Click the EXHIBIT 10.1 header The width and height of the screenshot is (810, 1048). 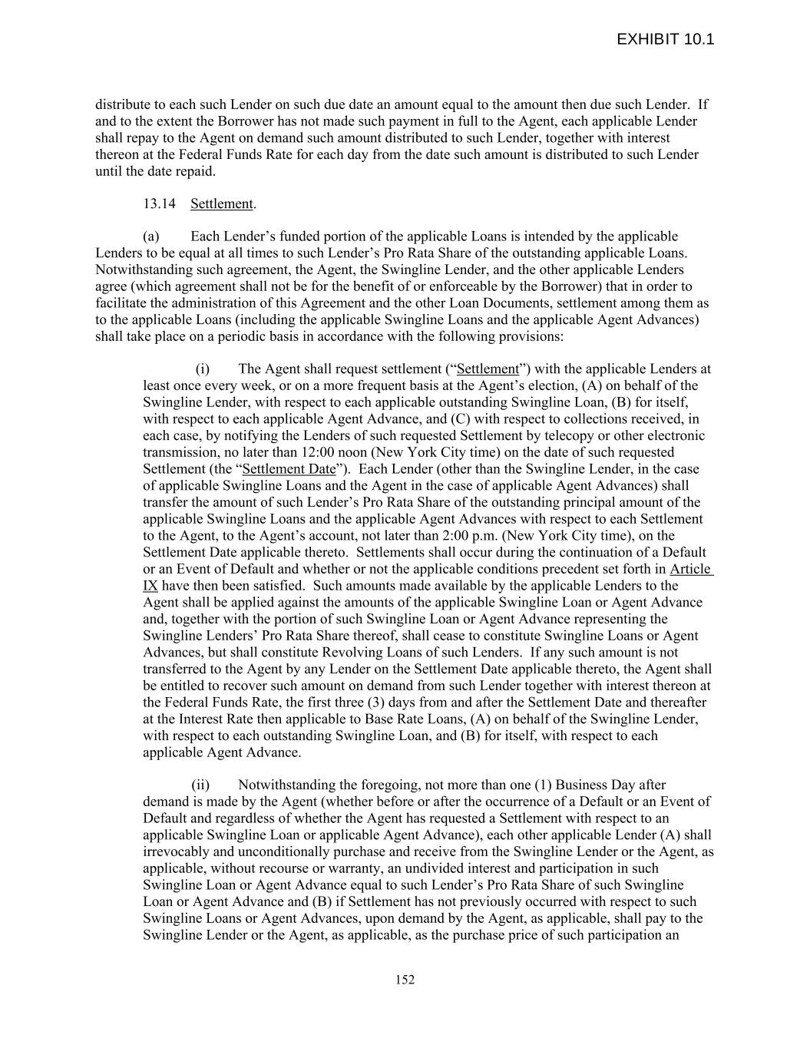click(665, 39)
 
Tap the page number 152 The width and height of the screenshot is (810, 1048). click(405, 980)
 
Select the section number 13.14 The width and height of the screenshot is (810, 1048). click(159, 203)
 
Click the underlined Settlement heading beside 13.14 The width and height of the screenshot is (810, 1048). click(222, 203)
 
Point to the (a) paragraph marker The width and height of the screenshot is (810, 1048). click(150, 236)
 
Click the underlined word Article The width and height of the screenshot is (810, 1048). click(690, 569)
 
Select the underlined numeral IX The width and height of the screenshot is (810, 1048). click(150, 586)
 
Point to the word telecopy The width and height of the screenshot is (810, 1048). click(520, 435)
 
